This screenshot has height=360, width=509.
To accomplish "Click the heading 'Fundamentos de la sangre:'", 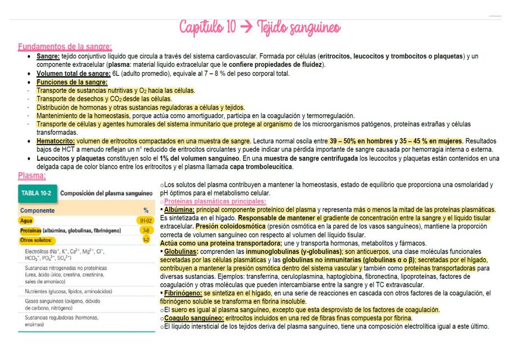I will click(65, 47).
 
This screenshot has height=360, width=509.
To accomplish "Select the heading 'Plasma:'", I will click(31, 175).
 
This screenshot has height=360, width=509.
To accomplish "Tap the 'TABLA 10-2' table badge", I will click(37, 193).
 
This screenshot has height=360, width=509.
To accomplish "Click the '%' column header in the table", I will click(146, 210).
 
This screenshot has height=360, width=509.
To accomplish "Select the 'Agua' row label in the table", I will click(26, 220).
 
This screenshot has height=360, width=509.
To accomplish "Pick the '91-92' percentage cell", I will click(145, 220).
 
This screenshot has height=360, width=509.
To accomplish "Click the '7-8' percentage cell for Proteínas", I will click(146, 231).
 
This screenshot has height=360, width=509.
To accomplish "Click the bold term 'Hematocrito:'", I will click(56, 141).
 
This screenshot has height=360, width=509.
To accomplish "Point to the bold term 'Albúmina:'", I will click(179, 209).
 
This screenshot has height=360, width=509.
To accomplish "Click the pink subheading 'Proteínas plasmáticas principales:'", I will click(215, 201).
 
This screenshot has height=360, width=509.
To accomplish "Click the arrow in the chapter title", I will click(246, 27).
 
